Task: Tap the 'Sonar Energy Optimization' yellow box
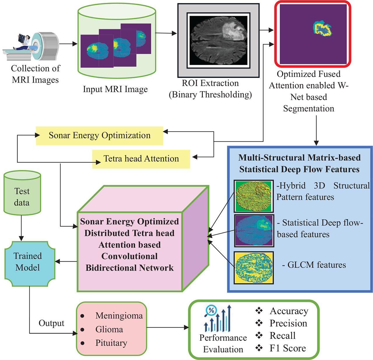click(x=99, y=136)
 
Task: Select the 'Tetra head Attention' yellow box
click(x=141, y=159)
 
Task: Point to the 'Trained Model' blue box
click(x=28, y=262)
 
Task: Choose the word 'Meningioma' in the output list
click(x=119, y=316)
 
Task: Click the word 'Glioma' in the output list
click(x=109, y=329)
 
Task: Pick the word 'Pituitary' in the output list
click(x=111, y=343)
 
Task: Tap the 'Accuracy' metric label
click(x=289, y=311)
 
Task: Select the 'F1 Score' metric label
click(x=288, y=348)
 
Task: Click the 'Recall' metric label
click(x=282, y=335)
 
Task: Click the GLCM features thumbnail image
click(x=254, y=268)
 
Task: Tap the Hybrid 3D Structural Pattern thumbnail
click(x=254, y=196)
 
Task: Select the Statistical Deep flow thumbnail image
click(x=254, y=230)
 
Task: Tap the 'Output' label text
click(x=51, y=323)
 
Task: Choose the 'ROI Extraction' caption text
click(x=210, y=83)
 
